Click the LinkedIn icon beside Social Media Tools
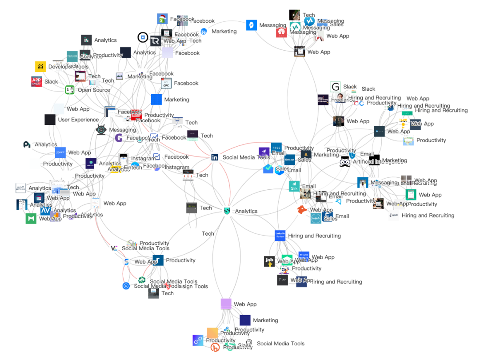[x=215, y=157]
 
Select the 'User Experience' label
[x=78, y=120]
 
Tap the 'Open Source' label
[x=94, y=90]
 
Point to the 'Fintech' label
[x=133, y=168]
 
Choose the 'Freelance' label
[x=343, y=100]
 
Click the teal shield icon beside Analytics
[x=228, y=211]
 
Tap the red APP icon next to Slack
[x=36, y=82]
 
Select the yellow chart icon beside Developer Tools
[x=40, y=67]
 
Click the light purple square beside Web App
[x=226, y=304]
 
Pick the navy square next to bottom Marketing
[x=245, y=320]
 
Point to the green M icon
[x=31, y=219]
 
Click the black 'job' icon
[x=269, y=261]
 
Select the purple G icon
[x=119, y=138]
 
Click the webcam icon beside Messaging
[x=101, y=130]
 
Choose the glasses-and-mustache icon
[x=345, y=162]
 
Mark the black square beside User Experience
[x=50, y=120]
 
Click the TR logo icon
[x=155, y=41]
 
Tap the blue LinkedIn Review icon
[x=280, y=236]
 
